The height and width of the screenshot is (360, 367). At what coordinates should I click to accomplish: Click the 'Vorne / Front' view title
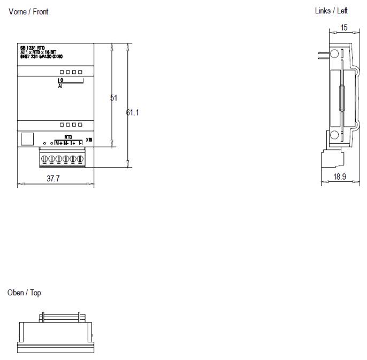(x=28, y=12)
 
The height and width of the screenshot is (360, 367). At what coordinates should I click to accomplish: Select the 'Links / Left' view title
(x=331, y=11)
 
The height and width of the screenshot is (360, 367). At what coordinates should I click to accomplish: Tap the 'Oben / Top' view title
(x=24, y=293)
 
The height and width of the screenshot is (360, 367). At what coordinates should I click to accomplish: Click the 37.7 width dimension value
(x=53, y=179)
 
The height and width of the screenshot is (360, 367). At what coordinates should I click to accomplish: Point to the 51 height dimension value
(x=113, y=98)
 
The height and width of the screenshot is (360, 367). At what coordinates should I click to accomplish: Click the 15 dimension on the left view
(x=343, y=27)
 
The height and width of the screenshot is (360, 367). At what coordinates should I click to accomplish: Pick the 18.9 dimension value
(x=340, y=177)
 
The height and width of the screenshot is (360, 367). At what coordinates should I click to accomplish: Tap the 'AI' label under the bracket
(x=60, y=86)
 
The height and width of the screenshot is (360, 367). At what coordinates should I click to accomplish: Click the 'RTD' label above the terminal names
(x=68, y=137)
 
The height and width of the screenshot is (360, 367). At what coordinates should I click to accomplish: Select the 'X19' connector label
(x=89, y=140)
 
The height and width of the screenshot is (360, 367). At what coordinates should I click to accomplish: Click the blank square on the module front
(x=26, y=139)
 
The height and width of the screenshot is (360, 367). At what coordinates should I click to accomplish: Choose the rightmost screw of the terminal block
(x=80, y=159)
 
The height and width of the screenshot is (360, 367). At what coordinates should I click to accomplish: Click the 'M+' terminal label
(x=58, y=143)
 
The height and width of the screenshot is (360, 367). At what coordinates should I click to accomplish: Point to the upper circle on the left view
(x=334, y=53)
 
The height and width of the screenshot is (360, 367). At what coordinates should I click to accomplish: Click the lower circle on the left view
(x=334, y=135)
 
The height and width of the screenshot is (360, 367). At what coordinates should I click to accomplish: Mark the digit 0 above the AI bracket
(x=60, y=80)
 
